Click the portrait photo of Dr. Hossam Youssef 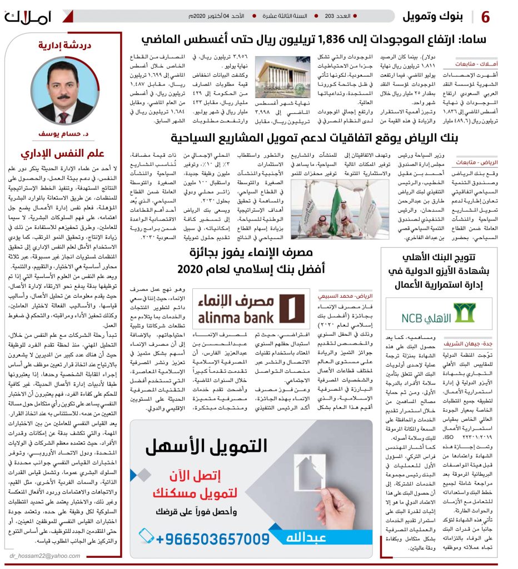pos(62,92)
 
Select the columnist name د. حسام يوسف pos(63,134)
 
